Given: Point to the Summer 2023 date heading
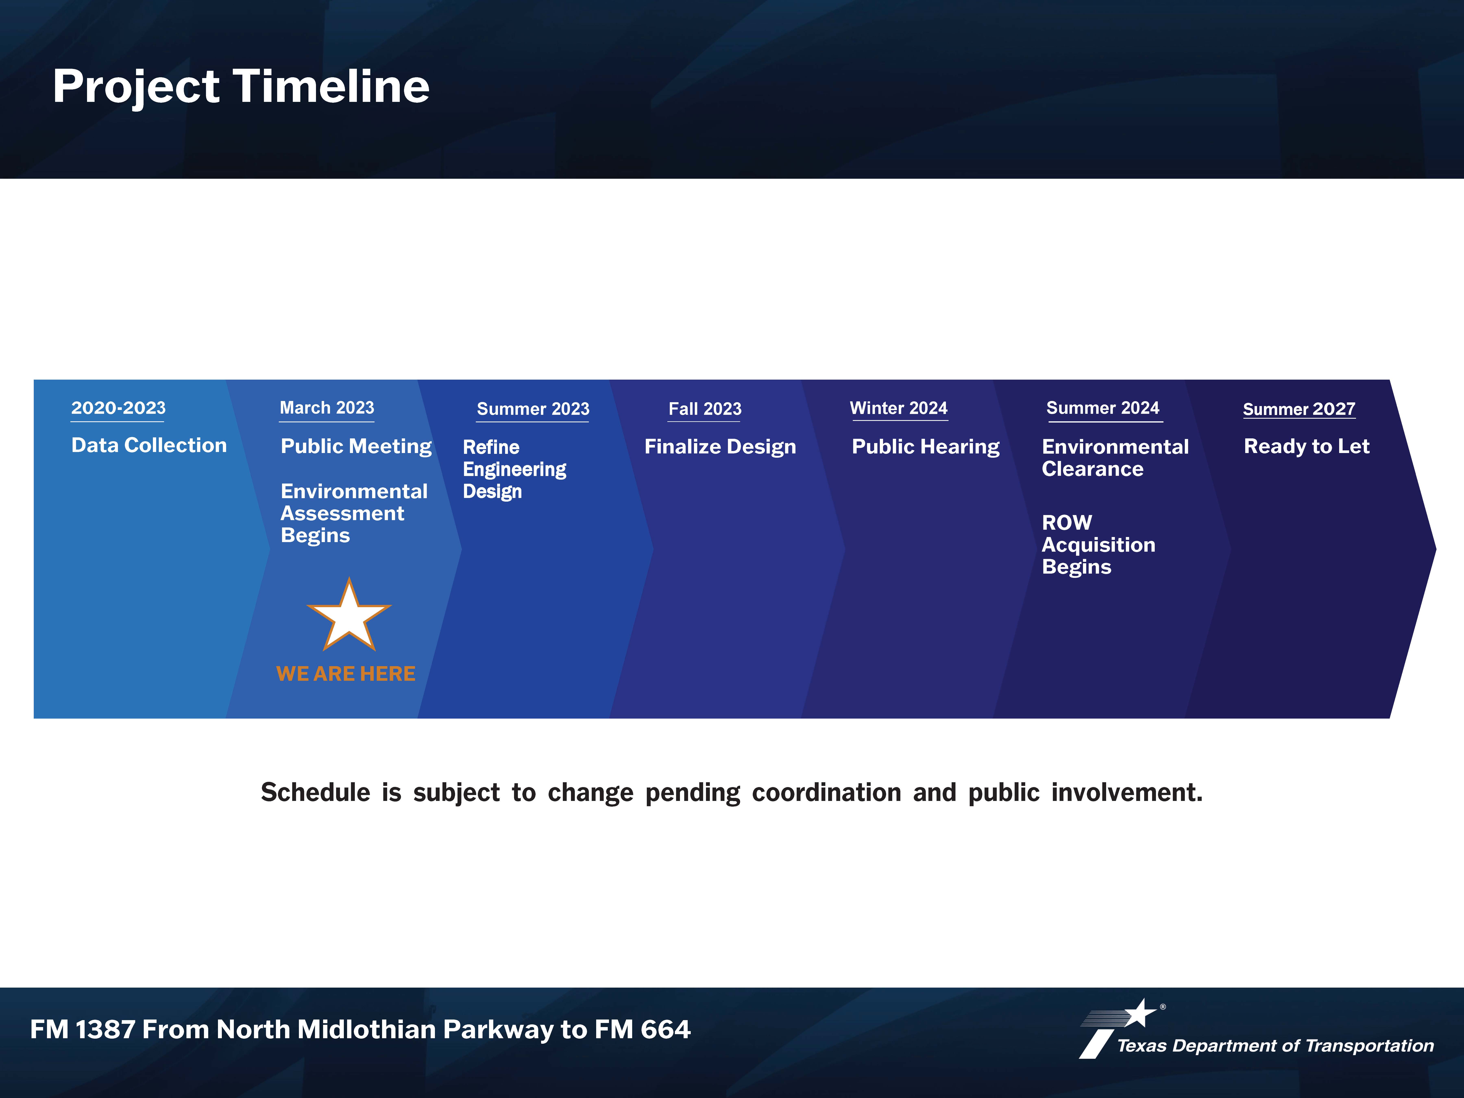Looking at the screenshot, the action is click(533, 409).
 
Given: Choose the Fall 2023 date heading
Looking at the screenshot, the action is click(705, 409).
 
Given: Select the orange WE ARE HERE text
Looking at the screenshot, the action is click(345, 674).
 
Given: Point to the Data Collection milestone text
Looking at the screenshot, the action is click(149, 446).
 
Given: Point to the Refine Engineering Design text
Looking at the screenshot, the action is click(514, 469).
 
